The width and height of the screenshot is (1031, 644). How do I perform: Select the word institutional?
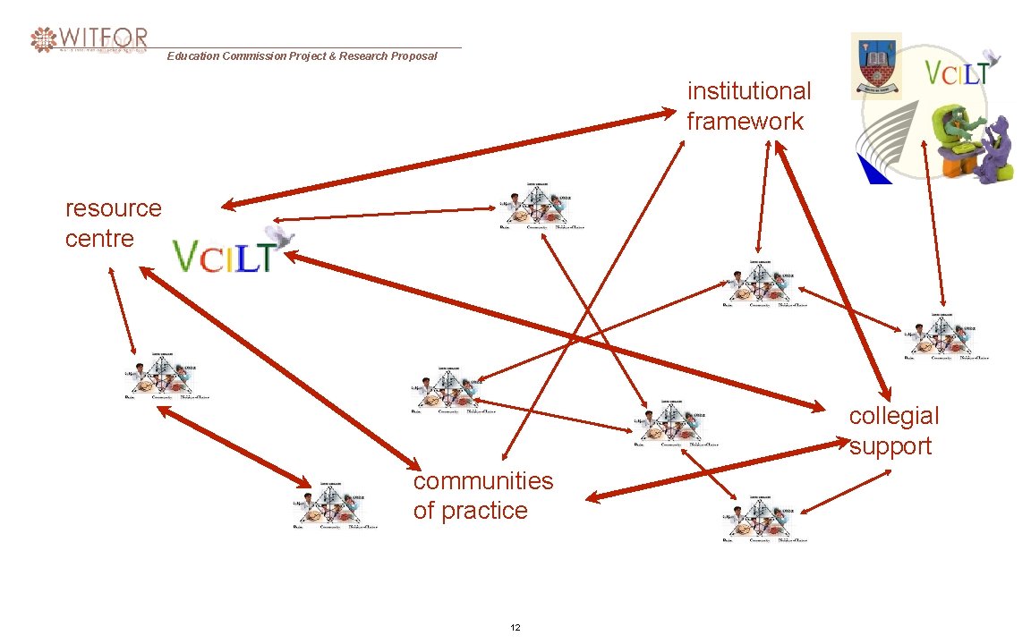749,91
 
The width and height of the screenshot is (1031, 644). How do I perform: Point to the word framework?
746,122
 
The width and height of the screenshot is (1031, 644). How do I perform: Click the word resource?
114,208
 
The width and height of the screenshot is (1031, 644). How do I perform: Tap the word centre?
99,239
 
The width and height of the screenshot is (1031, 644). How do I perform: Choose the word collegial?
894,416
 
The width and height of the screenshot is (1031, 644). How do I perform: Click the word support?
890,446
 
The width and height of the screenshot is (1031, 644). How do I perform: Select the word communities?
483,481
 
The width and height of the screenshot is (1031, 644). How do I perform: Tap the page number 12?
515,628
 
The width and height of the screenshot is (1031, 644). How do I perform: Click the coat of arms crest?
875,64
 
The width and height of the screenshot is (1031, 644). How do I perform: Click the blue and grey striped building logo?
883,143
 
